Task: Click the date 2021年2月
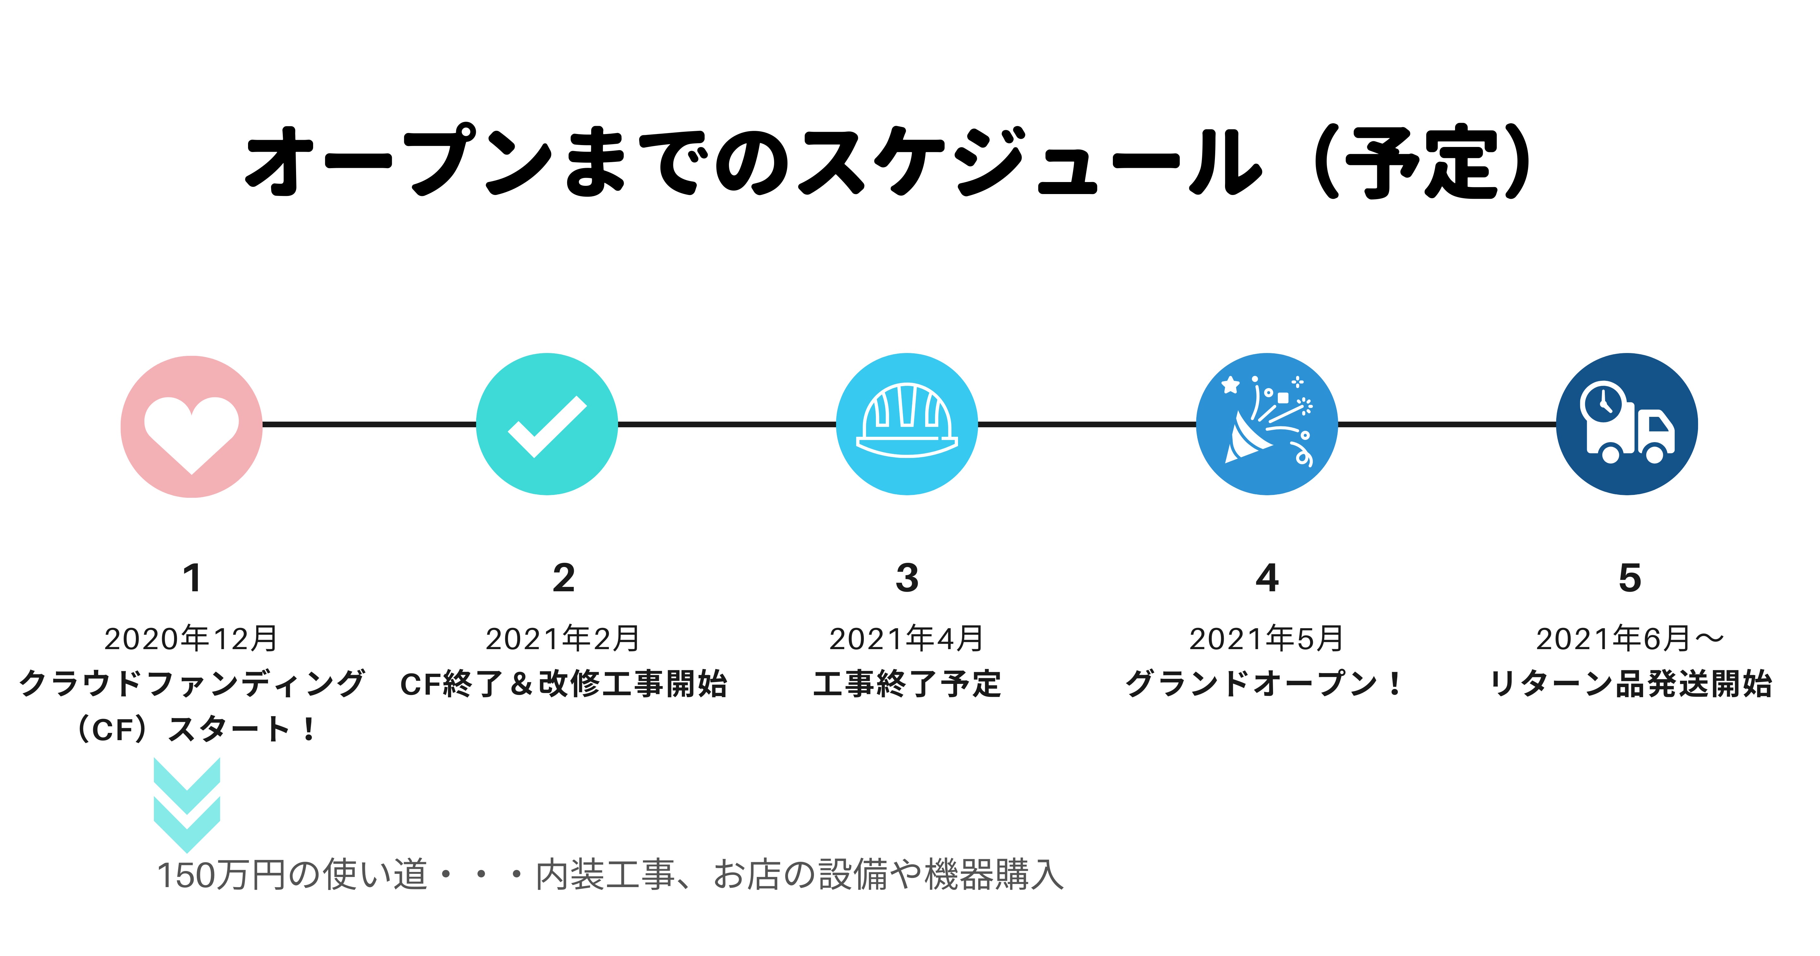coord(563,639)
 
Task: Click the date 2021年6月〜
coord(1629,639)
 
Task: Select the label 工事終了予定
coord(907,684)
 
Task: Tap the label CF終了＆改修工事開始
coord(563,684)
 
